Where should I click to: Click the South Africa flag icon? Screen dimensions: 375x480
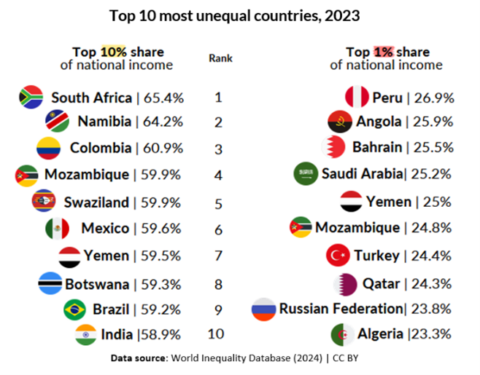point(31,97)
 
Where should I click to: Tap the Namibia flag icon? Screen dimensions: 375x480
point(58,121)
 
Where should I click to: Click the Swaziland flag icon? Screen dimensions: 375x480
point(44,202)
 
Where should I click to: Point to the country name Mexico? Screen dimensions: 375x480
point(105,229)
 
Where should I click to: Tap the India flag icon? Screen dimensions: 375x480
point(86,334)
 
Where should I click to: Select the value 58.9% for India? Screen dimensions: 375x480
point(161,334)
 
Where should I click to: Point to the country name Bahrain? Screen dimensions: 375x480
point(377,148)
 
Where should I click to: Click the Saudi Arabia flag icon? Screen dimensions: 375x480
point(306,174)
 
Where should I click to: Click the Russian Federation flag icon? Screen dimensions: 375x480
point(263,309)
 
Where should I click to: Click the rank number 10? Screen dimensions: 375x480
point(219,334)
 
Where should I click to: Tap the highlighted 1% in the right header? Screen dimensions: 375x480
point(384,52)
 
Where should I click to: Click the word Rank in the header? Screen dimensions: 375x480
point(220,58)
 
